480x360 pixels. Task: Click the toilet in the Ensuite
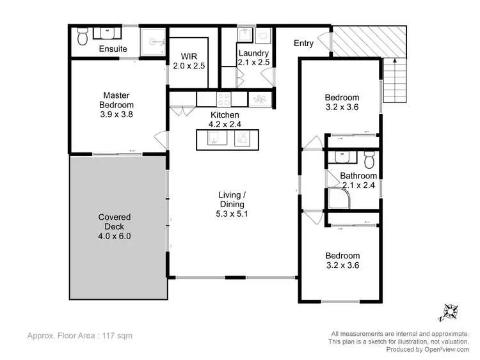82,37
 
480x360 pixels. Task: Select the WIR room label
189,54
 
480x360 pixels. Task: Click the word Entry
303,43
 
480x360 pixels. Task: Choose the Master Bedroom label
116,100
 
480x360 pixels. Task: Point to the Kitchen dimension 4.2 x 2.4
225,125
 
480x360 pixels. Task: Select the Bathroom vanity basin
339,156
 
